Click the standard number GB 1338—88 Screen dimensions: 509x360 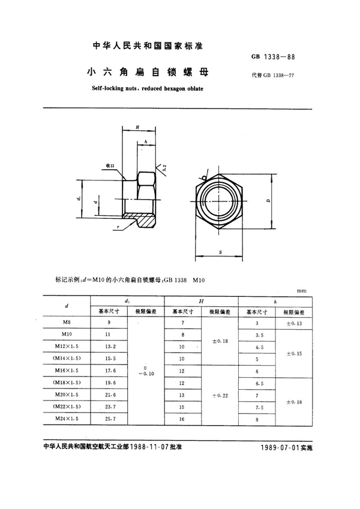pos(274,58)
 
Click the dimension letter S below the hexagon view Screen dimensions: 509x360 pos(220,253)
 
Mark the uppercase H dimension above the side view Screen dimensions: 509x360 pos(137,128)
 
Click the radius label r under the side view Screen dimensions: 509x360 pos(119,228)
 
